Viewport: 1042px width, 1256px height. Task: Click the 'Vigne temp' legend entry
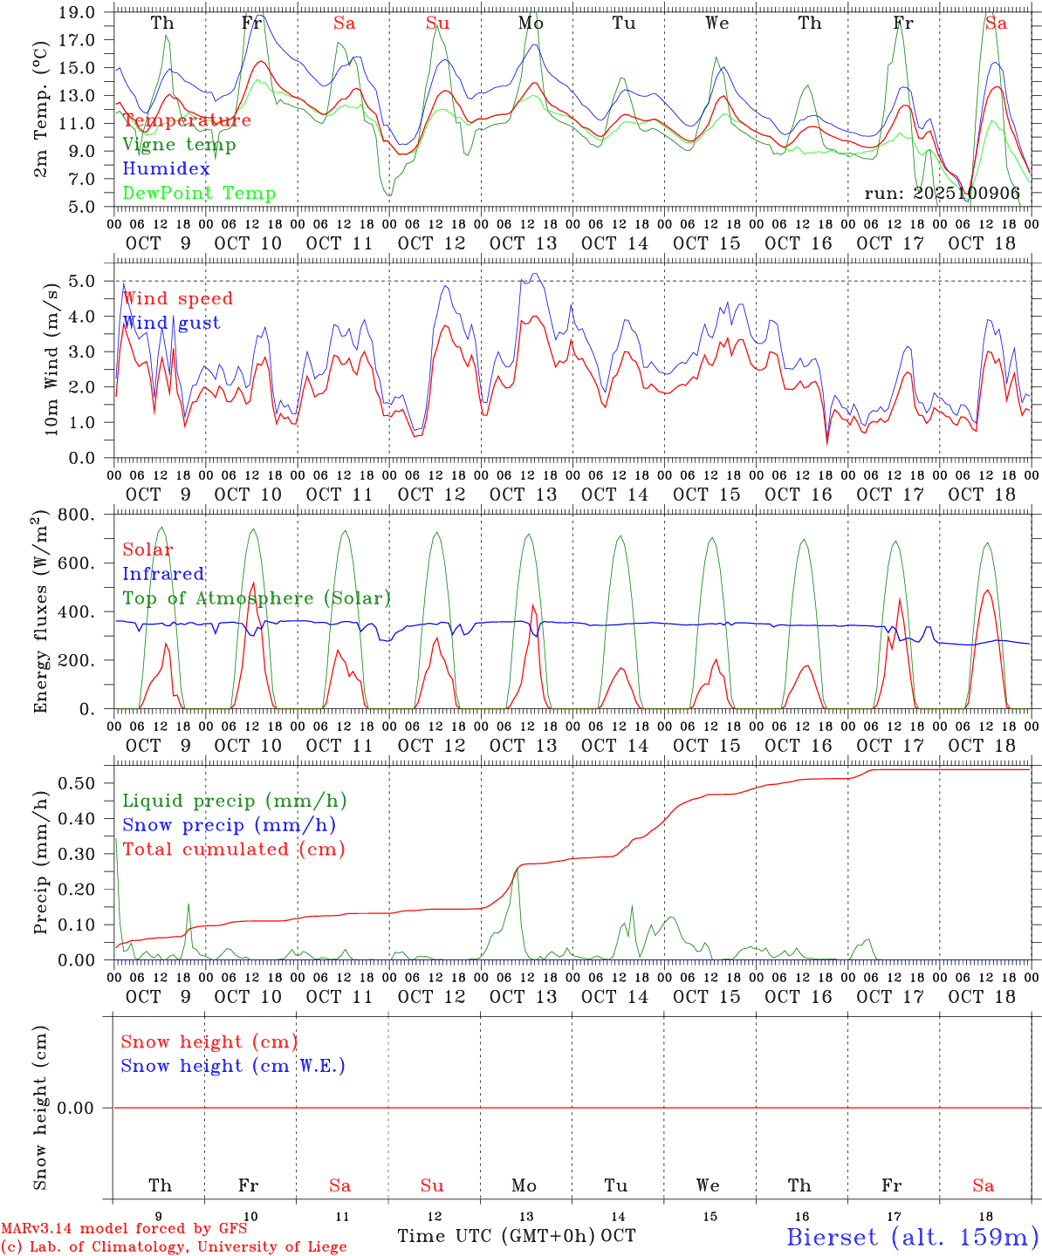pyautogui.click(x=179, y=145)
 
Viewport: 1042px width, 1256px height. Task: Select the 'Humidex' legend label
pyautogui.click(x=166, y=169)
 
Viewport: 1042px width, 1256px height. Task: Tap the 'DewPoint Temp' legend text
pyautogui.click(x=199, y=194)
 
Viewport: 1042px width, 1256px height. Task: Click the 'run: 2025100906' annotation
pyautogui.click(x=942, y=194)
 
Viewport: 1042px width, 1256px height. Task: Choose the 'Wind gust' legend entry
pyautogui.click(x=171, y=323)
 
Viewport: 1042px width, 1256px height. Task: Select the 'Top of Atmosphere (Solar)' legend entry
pyautogui.click(x=256, y=598)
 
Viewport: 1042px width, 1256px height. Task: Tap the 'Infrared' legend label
pyautogui.click(x=163, y=574)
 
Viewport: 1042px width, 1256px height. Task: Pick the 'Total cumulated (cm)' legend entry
pyautogui.click(x=233, y=850)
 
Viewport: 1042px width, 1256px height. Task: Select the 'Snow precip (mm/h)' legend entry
pyautogui.click(x=229, y=825)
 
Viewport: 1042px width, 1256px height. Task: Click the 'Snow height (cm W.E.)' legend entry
pyautogui.click(x=233, y=1066)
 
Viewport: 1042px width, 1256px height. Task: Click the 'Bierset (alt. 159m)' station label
pyautogui.click(x=912, y=1237)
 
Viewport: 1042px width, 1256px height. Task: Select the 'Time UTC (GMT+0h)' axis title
pyautogui.click(x=497, y=1236)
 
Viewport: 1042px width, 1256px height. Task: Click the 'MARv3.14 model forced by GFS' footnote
pyautogui.click(x=124, y=1228)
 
